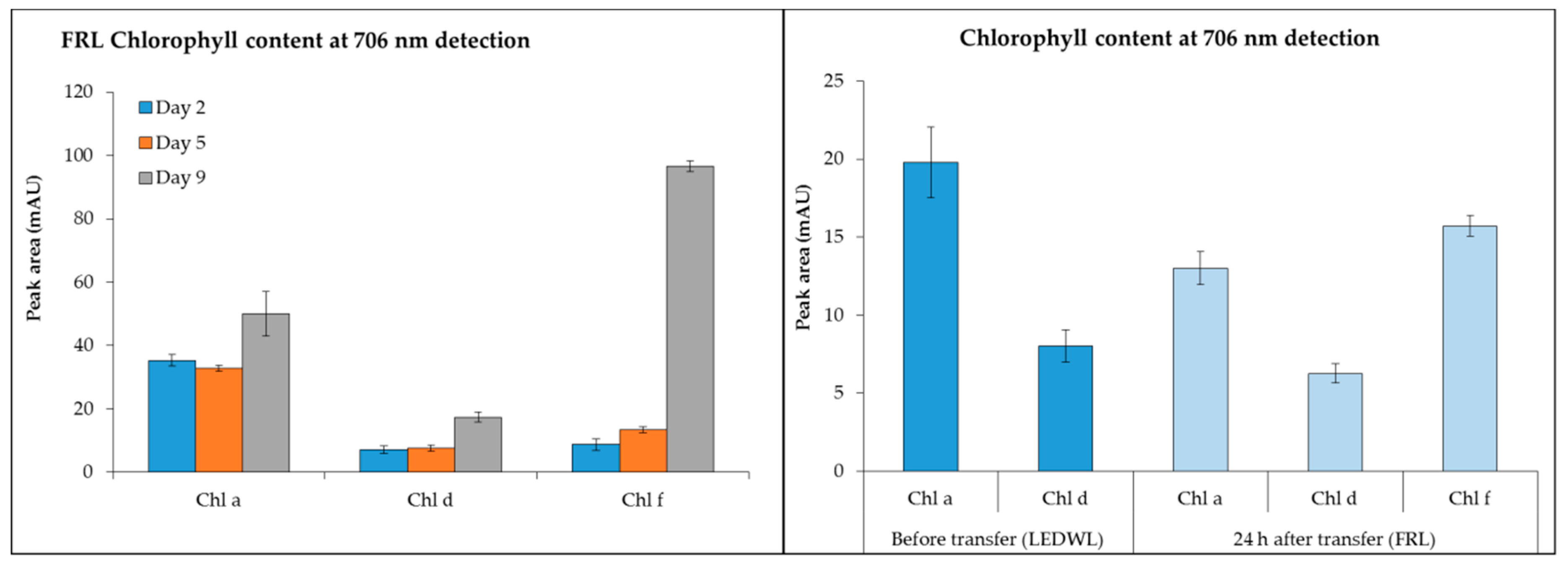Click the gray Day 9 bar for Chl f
pyautogui.click(x=690, y=319)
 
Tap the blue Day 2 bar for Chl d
pyautogui.click(x=383, y=460)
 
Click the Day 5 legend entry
pyautogui.click(x=173, y=143)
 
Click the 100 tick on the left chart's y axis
pyautogui.click(x=79, y=155)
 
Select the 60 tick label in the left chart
pyautogui.click(x=83, y=282)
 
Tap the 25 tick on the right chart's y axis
pyautogui.click(x=833, y=81)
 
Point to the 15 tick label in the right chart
pyautogui.click(x=833, y=237)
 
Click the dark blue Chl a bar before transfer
pyautogui.click(x=930, y=316)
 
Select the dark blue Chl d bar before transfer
pyautogui.click(x=1065, y=408)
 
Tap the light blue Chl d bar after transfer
pyautogui.click(x=1334, y=422)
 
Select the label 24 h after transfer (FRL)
pyautogui.click(x=1334, y=539)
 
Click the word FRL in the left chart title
pyautogui.click(x=82, y=41)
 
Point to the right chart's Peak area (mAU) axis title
pyautogui.click(x=803, y=258)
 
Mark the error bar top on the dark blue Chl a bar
pyautogui.click(x=930, y=127)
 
